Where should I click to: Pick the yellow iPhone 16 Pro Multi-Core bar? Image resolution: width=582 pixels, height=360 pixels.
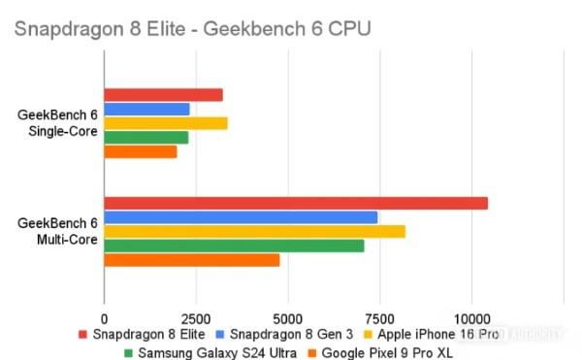pyautogui.click(x=254, y=232)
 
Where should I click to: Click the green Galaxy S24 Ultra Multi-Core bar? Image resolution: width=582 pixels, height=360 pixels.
pyautogui.click(x=234, y=245)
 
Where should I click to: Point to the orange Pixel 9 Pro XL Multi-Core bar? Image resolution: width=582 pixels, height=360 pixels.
pyautogui.click(x=191, y=260)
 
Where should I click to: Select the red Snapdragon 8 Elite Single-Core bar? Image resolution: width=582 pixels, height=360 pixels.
pyautogui.click(x=163, y=95)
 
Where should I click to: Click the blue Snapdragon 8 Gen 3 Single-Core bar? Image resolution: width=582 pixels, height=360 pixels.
pyautogui.click(x=146, y=110)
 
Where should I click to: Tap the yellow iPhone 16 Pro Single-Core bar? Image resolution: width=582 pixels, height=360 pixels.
pyautogui.click(x=166, y=123)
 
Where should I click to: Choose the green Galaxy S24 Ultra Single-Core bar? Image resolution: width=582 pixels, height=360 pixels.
pyautogui.click(x=145, y=138)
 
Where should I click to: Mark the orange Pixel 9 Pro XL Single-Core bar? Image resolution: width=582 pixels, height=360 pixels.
pyautogui.click(x=141, y=152)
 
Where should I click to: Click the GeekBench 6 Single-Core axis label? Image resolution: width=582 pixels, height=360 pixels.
pyautogui.click(x=57, y=123)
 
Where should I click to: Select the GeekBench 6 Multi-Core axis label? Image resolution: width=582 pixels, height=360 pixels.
pyautogui.click(x=57, y=231)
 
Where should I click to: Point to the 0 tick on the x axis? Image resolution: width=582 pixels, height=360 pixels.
pyautogui.click(x=104, y=317)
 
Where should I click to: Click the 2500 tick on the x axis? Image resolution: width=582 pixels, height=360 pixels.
pyautogui.click(x=196, y=317)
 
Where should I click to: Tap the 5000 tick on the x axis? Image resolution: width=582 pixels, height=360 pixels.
pyautogui.click(x=288, y=317)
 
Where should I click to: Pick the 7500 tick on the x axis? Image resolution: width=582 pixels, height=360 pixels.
pyautogui.click(x=380, y=317)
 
